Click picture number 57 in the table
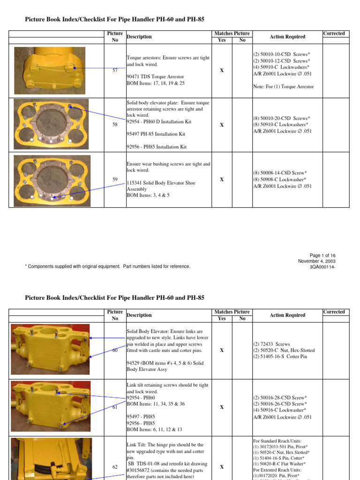(x=115, y=70)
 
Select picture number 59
(x=115, y=180)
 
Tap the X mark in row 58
(x=222, y=125)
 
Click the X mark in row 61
(x=222, y=407)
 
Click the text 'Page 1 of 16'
(x=322, y=255)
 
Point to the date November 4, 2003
(x=316, y=261)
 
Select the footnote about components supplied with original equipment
(x=107, y=266)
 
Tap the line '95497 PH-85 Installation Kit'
(x=156, y=134)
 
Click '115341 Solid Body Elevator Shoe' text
(x=161, y=183)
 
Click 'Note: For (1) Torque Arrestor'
(x=284, y=87)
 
